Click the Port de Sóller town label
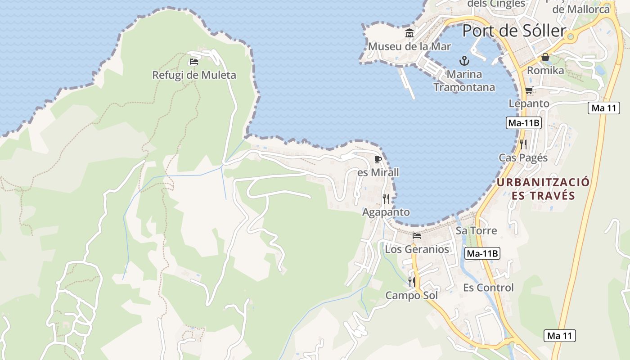tap(514, 31)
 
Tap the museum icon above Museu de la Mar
tap(409, 33)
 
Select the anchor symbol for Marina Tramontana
tap(464, 60)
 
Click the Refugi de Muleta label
tap(194, 75)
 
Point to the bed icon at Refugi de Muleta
tap(194, 62)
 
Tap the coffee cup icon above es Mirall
tap(378, 159)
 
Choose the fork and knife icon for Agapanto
tap(386, 198)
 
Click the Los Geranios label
tap(417, 249)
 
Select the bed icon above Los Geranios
tap(417, 235)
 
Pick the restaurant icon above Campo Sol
tap(412, 282)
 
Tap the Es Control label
tap(488, 288)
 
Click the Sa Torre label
tap(476, 231)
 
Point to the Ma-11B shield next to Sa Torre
tap(482, 253)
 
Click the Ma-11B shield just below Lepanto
tap(523, 123)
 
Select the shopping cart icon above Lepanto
tap(529, 90)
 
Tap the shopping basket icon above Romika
tap(545, 57)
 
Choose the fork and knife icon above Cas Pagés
tap(523, 144)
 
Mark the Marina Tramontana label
tap(464, 81)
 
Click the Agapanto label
tap(386, 212)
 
